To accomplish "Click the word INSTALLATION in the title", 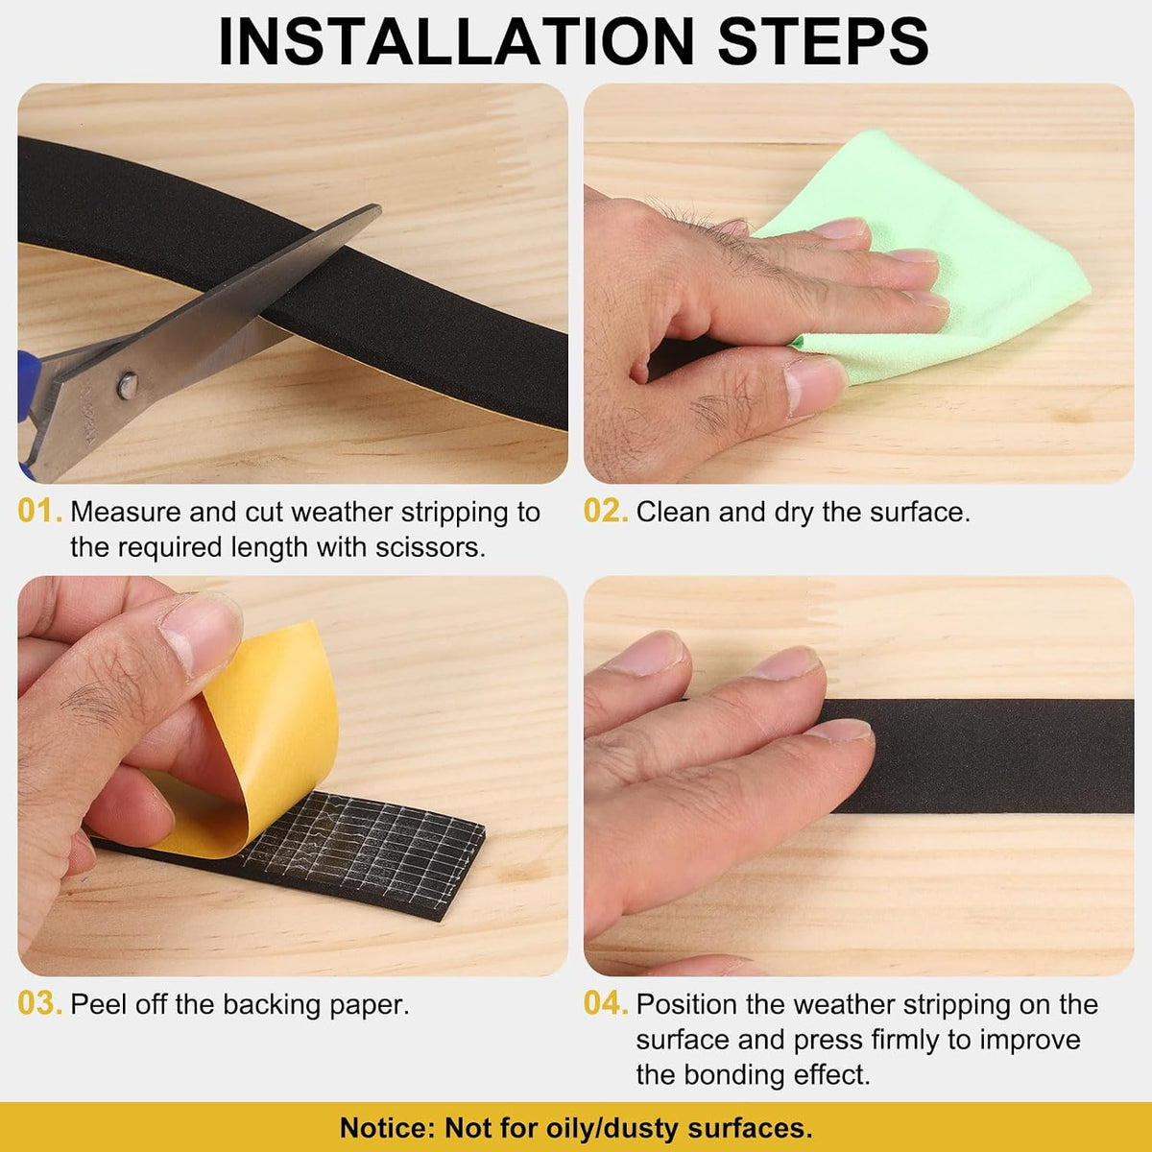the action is (x=456, y=42).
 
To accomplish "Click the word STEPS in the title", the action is (x=823, y=42).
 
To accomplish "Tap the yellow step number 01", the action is (x=39, y=511).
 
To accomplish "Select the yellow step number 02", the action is (x=606, y=511).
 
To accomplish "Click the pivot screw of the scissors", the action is (x=128, y=386).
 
